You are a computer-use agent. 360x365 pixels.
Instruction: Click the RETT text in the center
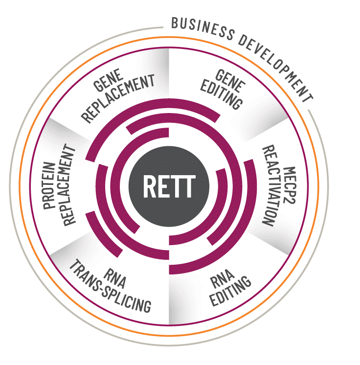tap(169, 186)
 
